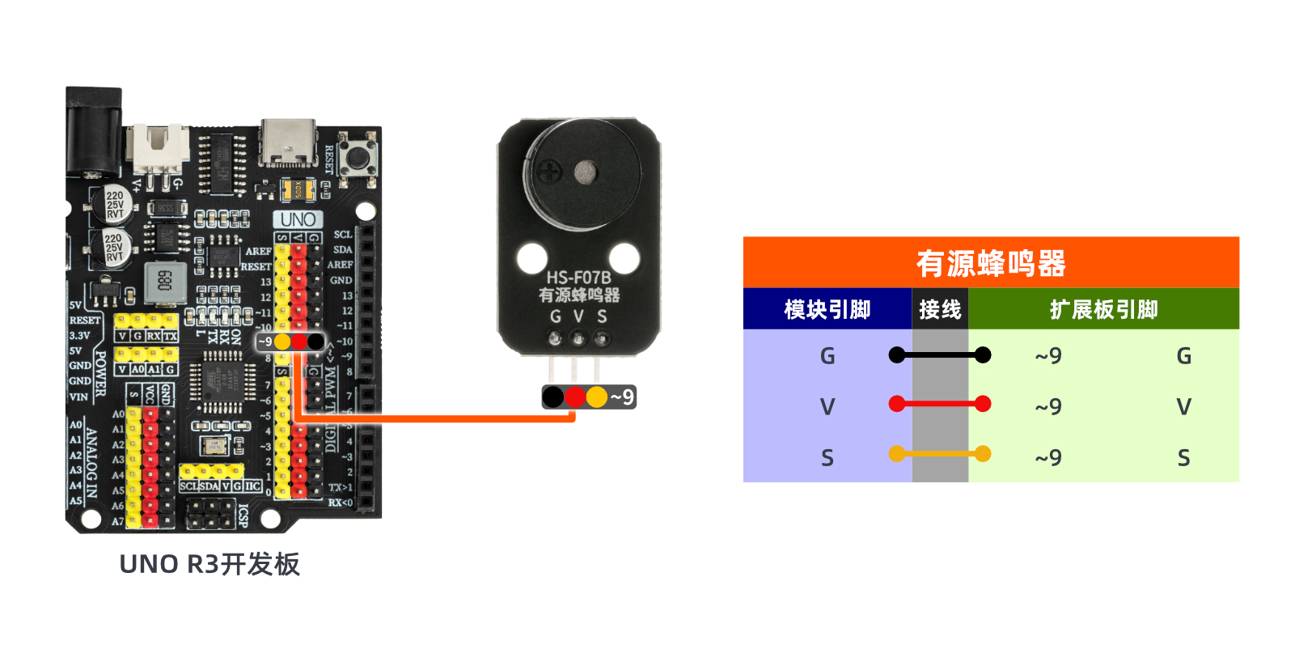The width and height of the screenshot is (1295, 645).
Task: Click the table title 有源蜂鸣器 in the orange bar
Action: coord(991,263)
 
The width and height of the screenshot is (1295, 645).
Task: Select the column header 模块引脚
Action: coord(827,309)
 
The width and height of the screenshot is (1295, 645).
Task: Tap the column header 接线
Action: coord(940,309)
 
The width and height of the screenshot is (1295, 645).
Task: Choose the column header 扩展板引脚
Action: coord(1103,309)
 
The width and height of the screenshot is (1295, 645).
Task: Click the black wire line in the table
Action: coord(939,354)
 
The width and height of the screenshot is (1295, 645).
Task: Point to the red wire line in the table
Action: coord(939,404)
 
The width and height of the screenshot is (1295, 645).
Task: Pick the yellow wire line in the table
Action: coord(939,454)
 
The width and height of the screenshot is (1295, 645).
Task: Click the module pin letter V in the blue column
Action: coord(827,406)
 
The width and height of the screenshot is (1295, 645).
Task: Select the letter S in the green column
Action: coord(1183,458)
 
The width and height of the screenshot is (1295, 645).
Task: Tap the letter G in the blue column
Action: coord(827,356)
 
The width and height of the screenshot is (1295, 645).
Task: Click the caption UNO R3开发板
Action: coord(209,564)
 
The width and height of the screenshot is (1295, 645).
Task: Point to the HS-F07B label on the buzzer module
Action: coord(578,278)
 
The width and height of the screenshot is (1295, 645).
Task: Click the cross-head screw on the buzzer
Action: coord(551,171)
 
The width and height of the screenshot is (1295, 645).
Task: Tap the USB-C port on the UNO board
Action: coord(288,143)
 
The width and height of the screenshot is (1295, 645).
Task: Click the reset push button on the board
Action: coord(356,156)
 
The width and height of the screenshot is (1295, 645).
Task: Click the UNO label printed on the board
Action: coord(298,219)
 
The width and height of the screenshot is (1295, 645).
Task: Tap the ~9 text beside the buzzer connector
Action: coord(622,397)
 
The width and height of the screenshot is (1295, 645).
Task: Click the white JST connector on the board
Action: coord(162,148)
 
